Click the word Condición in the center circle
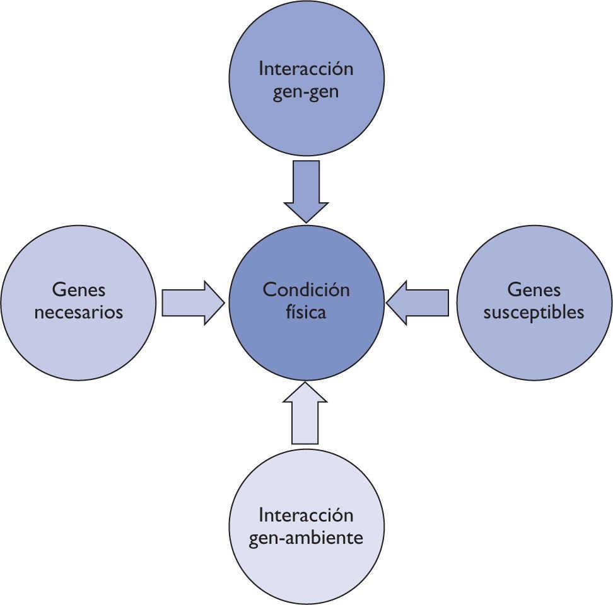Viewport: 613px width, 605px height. [x=306, y=290]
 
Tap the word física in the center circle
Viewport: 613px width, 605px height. [x=306, y=312]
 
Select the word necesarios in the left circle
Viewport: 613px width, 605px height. [x=78, y=312]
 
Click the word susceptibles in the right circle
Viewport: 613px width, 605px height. [x=534, y=312]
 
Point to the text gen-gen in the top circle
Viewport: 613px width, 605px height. [x=306, y=91]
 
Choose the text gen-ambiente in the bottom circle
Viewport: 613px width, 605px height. [x=306, y=539]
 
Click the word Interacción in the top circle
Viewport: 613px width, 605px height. [x=306, y=69]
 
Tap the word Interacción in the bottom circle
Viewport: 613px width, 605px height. [x=306, y=516]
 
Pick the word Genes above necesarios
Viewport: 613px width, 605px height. [x=78, y=290]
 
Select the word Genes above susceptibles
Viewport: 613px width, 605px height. [x=534, y=290]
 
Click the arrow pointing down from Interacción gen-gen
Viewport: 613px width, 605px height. [x=306, y=189]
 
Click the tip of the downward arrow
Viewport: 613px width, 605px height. [x=306, y=221]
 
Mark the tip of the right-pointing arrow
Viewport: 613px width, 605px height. [x=224, y=302]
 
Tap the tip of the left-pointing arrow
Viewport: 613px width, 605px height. [x=387, y=302]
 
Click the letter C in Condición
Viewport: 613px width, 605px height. [x=269, y=290]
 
